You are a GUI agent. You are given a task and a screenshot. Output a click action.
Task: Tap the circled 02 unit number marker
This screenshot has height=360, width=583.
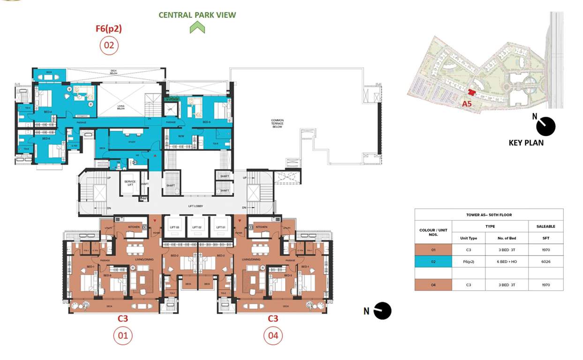click(x=109, y=45)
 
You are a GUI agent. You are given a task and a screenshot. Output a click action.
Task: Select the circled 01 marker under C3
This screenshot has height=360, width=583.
click(x=123, y=336)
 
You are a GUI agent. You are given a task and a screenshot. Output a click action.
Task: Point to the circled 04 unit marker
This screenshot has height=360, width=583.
click(x=273, y=336)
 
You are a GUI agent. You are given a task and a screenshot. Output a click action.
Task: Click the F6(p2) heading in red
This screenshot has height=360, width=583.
click(x=109, y=29)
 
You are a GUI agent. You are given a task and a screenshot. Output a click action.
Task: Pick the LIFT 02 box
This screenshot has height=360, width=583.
click(x=197, y=227)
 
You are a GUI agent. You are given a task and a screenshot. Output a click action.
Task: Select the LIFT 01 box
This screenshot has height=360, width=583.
click(x=221, y=227)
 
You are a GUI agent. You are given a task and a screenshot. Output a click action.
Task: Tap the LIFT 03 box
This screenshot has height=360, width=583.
click(x=174, y=227)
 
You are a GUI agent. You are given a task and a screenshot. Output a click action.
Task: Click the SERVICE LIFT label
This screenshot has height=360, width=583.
click(x=129, y=183)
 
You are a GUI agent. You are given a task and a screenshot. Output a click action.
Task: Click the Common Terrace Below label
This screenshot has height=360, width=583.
click(x=277, y=123)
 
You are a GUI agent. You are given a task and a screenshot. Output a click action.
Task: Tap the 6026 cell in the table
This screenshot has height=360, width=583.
click(x=545, y=262)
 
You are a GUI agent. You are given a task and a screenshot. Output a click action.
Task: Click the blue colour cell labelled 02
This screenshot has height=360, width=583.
click(x=433, y=262)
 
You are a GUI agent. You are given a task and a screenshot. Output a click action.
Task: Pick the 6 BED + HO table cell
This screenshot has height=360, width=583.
click(x=506, y=262)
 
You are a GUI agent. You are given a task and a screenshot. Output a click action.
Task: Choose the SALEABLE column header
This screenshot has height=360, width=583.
click(x=545, y=226)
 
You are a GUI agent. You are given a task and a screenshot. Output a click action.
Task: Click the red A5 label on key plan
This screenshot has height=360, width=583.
click(x=467, y=104)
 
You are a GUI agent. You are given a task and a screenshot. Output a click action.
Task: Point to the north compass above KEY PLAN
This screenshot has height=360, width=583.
click(x=545, y=126)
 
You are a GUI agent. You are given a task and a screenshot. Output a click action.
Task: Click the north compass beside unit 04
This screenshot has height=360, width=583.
click(x=382, y=311)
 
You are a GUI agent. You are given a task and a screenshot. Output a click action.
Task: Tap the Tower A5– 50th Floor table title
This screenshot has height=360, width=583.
click(x=489, y=215)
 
